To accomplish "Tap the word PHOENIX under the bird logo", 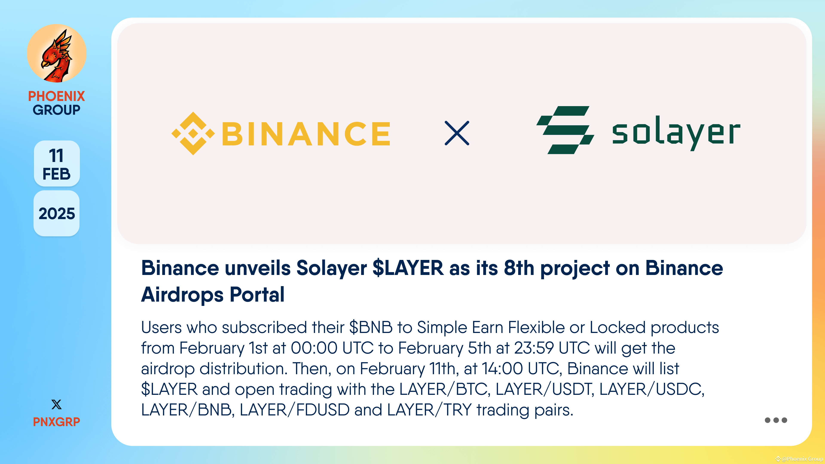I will tap(56, 96).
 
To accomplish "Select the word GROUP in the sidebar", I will tap(56, 110).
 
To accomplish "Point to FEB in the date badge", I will tap(56, 174).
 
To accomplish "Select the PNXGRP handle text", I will tap(56, 422).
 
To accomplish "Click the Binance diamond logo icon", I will tap(193, 134).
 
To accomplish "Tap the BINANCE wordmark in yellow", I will tap(306, 134).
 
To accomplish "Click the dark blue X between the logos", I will tap(457, 133).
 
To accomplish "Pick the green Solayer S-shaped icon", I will tap(565, 130).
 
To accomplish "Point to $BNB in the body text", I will tap(371, 327).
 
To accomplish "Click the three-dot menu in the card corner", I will tap(776, 420).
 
